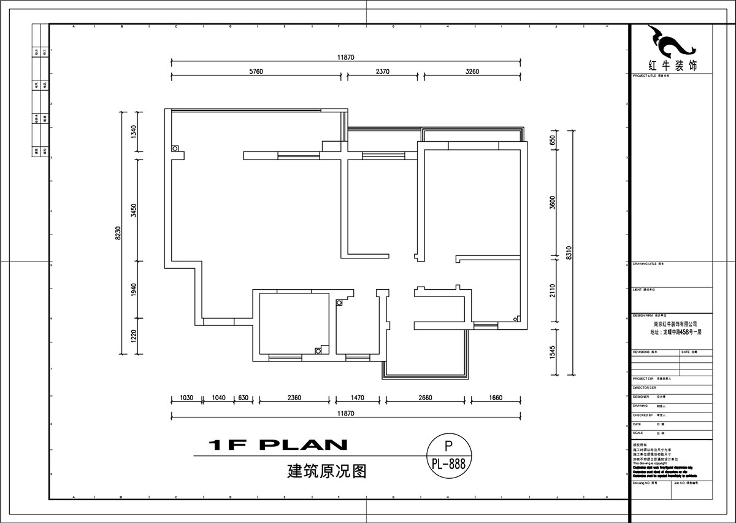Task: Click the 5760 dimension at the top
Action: click(x=256, y=71)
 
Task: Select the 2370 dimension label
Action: click(x=383, y=71)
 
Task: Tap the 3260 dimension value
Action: click(x=472, y=71)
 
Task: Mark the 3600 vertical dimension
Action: click(x=552, y=203)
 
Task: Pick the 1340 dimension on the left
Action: click(x=134, y=132)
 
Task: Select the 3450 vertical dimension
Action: click(x=134, y=211)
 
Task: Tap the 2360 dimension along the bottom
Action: click(x=294, y=398)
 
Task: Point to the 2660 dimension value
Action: click(x=425, y=398)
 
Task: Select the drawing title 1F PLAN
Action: click(x=278, y=445)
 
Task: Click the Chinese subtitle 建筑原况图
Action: click(x=326, y=471)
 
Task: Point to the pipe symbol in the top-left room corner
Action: click(x=175, y=149)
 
